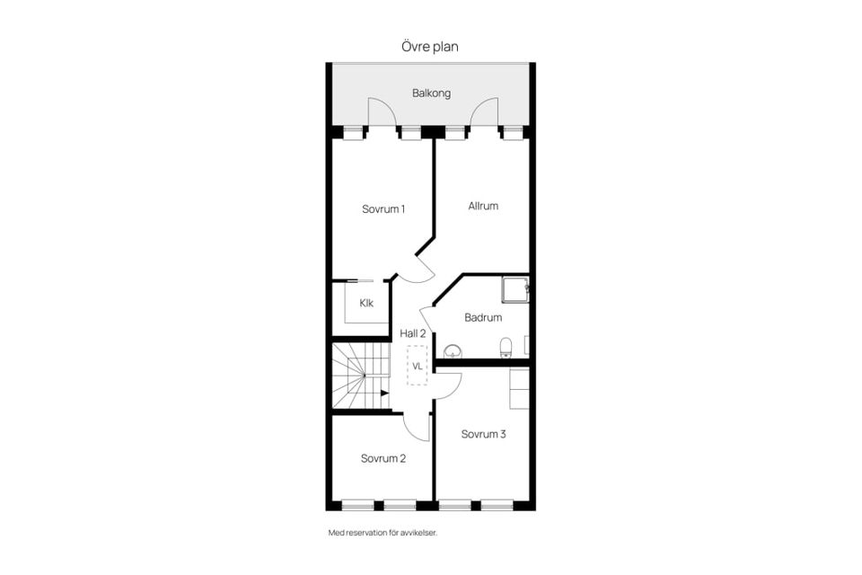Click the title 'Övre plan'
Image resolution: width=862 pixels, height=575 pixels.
tap(430, 47)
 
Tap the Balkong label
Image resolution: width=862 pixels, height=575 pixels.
tap(431, 93)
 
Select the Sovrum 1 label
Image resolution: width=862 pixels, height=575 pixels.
tap(383, 209)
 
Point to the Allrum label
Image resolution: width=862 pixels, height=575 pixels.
tap(483, 206)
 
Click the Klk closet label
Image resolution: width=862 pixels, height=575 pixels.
tap(366, 303)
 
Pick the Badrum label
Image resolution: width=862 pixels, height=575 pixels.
tap(483, 317)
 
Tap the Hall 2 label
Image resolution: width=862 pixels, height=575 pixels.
tap(413, 333)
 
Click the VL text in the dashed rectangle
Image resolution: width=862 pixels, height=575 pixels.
tap(417, 366)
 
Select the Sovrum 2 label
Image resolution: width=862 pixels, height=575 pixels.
tap(383, 458)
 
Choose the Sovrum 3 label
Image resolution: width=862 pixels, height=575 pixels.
tap(484, 434)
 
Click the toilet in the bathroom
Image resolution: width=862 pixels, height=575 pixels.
tap(506, 347)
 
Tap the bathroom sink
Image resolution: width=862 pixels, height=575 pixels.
tap(453, 350)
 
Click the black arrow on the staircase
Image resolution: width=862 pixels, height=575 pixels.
tap(384, 393)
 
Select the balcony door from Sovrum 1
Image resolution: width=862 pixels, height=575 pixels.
tap(381, 111)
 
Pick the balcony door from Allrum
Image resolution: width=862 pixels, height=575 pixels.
tap(485, 111)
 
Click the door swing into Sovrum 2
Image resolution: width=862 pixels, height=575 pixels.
tap(416, 426)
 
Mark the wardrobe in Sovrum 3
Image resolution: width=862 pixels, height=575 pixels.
tap(519, 387)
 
